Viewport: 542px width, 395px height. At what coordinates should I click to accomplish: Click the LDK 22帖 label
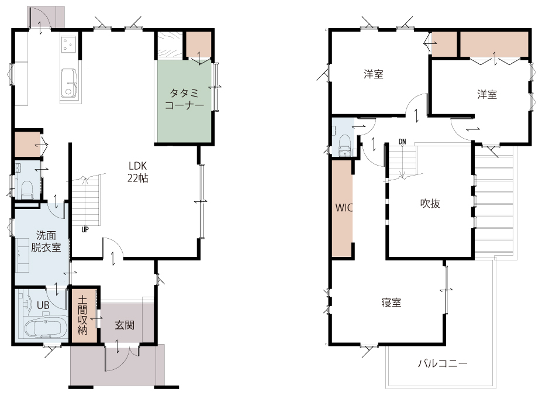coord(138,172)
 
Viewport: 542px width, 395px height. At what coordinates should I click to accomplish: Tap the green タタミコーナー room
coord(184,101)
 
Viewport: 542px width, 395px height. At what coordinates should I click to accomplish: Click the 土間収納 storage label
coord(82,315)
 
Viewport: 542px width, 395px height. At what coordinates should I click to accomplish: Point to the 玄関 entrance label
coord(125,325)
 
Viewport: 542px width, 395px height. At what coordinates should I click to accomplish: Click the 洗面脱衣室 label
coord(46,242)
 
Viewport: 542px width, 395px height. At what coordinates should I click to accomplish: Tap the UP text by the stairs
coord(85,229)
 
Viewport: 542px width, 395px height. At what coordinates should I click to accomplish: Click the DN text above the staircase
coord(402,142)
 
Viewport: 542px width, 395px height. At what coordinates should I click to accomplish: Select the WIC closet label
coord(344,208)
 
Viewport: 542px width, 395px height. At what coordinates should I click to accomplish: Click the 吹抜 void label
coord(430,204)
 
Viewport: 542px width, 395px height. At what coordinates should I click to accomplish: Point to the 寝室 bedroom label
coord(391,303)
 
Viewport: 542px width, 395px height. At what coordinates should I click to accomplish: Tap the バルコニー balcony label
coord(443,363)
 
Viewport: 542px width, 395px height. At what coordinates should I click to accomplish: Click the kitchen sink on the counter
coord(69,83)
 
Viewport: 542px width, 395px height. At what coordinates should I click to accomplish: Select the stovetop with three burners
coord(68,44)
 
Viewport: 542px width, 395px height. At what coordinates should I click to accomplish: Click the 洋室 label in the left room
coord(373,74)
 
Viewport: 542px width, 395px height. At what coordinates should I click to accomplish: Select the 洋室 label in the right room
coord(487,94)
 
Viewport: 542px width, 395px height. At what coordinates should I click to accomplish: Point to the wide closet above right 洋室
coord(495,44)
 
